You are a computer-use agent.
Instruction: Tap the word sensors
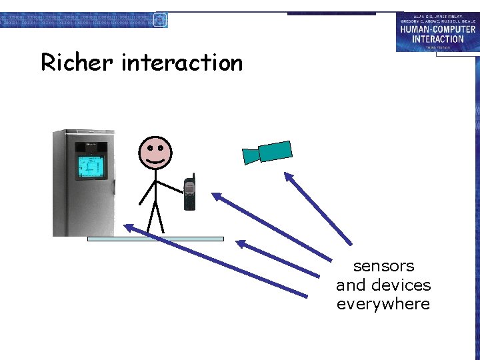pyautogui.click(x=383, y=266)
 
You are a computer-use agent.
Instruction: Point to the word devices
pyautogui.click(x=400, y=285)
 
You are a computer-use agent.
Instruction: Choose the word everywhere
pyautogui.click(x=383, y=305)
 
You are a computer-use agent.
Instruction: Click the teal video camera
pyautogui.click(x=273, y=151)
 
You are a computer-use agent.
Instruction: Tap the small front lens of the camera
pyautogui.click(x=250, y=156)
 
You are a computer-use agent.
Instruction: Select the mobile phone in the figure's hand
pyautogui.click(x=190, y=194)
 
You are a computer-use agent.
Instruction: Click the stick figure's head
pyautogui.click(x=155, y=152)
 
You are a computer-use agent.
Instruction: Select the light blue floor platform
pyautogui.click(x=155, y=238)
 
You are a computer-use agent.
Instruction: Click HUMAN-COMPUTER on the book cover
pyautogui.click(x=437, y=29)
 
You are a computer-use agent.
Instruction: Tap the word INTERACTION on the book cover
pyautogui.click(x=437, y=39)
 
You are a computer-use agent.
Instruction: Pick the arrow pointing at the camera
pyautogui.click(x=319, y=209)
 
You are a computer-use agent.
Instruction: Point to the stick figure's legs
pyautogui.click(x=155, y=217)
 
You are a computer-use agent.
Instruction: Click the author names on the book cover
pyautogui.click(x=437, y=17)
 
